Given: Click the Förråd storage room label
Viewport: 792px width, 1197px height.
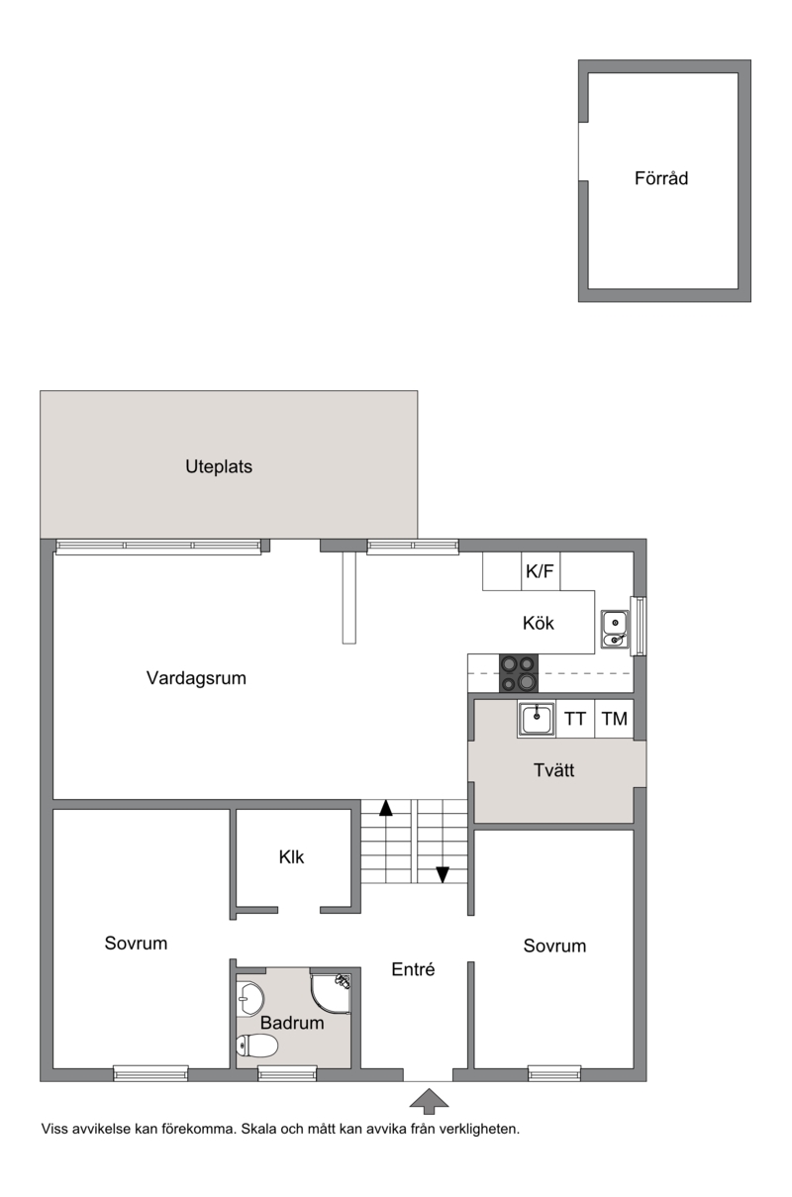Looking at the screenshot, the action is (x=661, y=178).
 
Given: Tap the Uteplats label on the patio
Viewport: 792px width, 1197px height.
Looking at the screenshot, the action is (x=219, y=466).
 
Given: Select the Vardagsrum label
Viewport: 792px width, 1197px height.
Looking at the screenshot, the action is (x=196, y=678).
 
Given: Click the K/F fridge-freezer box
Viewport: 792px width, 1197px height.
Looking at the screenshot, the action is (x=541, y=571).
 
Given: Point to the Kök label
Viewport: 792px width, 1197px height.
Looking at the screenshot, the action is (x=539, y=623).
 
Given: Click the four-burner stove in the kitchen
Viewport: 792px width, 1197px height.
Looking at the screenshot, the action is (x=519, y=673).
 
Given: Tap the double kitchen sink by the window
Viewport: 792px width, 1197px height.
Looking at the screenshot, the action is (x=615, y=629).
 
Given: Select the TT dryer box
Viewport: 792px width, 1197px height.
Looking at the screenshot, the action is (x=575, y=719).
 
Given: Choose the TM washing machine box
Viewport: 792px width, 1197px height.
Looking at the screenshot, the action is (x=614, y=719).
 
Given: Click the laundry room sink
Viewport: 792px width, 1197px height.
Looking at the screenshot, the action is (x=536, y=720).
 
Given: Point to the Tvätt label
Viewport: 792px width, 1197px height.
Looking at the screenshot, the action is (x=553, y=770).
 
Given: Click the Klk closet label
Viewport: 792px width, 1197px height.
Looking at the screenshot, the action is (x=291, y=857).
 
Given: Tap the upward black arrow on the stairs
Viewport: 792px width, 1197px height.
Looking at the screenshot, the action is (x=386, y=808).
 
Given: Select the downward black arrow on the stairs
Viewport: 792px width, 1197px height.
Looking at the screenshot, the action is (x=443, y=875).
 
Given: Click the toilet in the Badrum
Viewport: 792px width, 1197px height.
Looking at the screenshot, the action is (x=257, y=1046).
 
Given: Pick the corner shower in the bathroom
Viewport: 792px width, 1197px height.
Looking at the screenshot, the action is (x=331, y=993).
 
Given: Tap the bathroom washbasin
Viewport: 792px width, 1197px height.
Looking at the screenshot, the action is (x=249, y=999).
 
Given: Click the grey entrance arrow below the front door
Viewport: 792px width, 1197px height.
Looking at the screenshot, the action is (x=429, y=1102).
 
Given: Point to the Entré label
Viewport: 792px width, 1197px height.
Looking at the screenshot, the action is (x=413, y=969).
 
